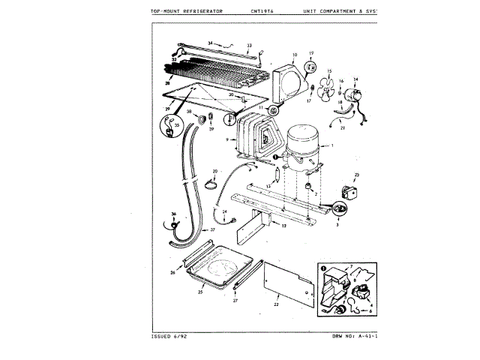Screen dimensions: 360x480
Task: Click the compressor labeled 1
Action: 304,145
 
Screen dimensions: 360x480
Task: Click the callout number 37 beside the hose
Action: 212,229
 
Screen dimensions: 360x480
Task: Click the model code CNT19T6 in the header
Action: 264,11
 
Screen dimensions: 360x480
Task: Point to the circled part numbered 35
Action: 177,127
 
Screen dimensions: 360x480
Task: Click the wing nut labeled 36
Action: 175,223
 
